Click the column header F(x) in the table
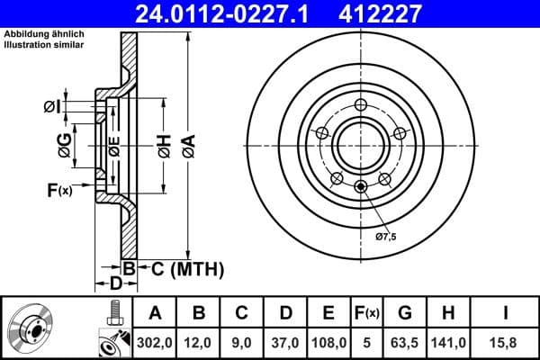coord(369,313)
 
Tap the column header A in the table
coord(156,313)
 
